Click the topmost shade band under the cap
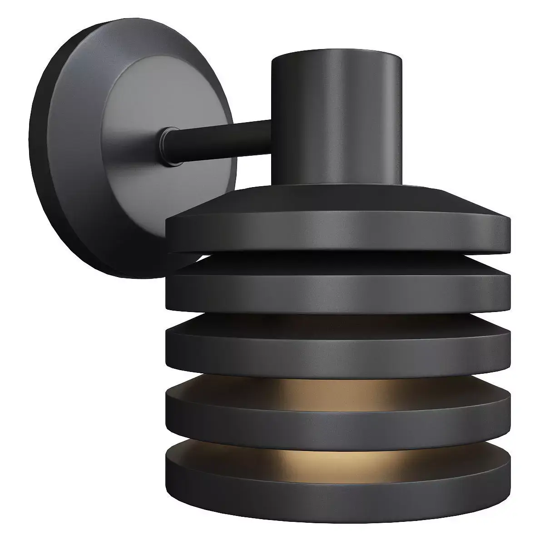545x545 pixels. [x=336, y=234]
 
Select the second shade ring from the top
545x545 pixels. [x=336, y=288]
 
